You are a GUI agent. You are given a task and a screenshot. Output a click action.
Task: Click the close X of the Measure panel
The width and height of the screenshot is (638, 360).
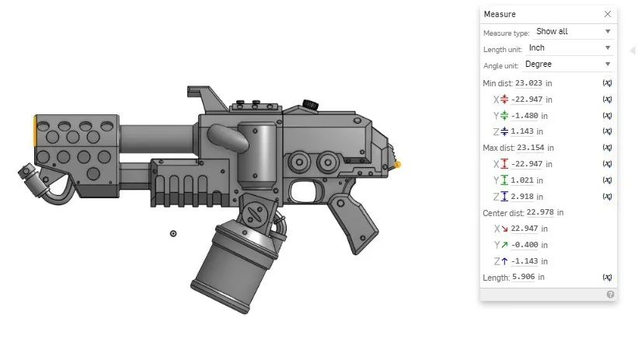[607, 14]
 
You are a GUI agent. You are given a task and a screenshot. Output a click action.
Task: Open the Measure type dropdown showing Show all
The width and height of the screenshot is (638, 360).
[574, 32]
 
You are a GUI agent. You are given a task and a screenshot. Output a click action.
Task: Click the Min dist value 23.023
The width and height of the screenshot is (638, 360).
[528, 83]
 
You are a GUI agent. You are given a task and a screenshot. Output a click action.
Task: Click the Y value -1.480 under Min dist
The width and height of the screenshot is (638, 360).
[526, 116]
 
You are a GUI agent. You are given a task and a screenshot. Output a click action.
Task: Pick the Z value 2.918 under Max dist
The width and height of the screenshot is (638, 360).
[524, 196]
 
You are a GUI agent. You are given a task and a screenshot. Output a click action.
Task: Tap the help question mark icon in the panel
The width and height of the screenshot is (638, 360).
[610, 295]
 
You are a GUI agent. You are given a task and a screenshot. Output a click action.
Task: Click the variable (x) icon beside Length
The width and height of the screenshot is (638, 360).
[607, 277]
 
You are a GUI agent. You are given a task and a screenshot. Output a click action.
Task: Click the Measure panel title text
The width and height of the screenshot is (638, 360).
[500, 14]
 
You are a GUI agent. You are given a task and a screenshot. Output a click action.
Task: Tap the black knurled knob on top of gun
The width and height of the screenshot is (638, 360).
[311, 104]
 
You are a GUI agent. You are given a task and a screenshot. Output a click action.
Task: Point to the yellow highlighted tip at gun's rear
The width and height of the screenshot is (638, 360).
[398, 165]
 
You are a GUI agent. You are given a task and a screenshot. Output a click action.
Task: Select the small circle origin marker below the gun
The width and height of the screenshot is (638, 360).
[173, 233]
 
